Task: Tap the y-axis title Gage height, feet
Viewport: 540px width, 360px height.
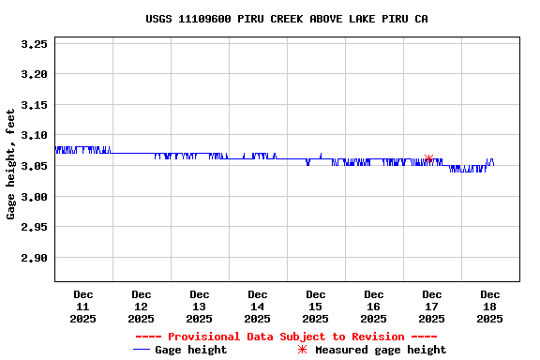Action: tap(11, 164)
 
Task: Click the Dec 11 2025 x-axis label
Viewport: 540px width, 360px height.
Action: tap(83, 307)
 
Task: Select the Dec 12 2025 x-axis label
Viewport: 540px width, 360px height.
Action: tap(142, 307)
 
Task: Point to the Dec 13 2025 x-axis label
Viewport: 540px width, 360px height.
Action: tap(200, 307)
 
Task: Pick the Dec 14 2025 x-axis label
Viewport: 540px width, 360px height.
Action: tap(258, 307)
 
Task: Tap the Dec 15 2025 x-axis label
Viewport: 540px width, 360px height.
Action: tap(316, 307)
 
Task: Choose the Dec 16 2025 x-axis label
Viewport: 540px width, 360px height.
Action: tap(374, 307)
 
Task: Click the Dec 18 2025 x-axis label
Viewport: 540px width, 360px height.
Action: tap(490, 307)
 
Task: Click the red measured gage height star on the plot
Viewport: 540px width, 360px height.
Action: tap(429, 159)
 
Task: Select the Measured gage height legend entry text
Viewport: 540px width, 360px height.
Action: tap(381, 350)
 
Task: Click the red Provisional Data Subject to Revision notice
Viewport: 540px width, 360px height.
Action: tap(286, 337)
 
